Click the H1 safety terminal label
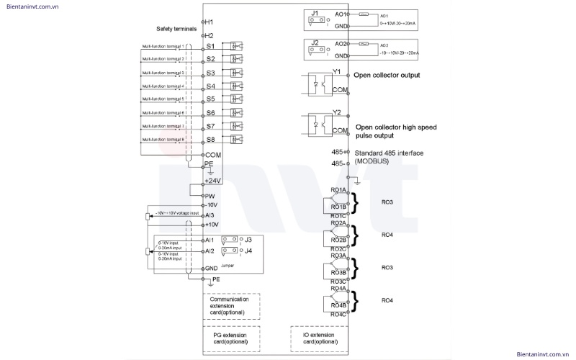pyautogui.click(x=210, y=22)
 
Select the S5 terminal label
pyautogui.click(x=211, y=99)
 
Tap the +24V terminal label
pyautogui.click(x=212, y=180)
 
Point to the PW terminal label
pyautogui.click(x=211, y=195)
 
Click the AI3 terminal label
pyautogui.click(x=210, y=215)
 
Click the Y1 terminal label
pyautogui.click(x=337, y=71)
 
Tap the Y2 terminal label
pyautogui.click(x=337, y=112)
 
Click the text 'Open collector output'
pyautogui.click(x=386, y=75)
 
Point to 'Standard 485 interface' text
pyautogui.click(x=388, y=153)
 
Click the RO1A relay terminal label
pyautogui.click(x=338, y=189)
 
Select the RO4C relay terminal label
pyautogui.click(x=338, y=314)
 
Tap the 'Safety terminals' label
pyautogui.click(x=175, y=29)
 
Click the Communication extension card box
pyautogui.click(x=230, y=305)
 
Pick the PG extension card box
pyautogui.click(x=230, y=338)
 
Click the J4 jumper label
pyautogui.click(x=248, y=251)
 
